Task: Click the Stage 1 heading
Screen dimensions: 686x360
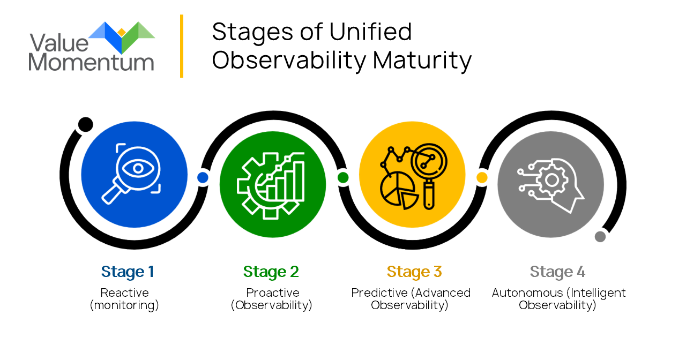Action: (128, 272)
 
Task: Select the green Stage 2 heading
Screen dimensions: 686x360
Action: (271, 272)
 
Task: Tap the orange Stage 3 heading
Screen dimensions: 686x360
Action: (414, 272)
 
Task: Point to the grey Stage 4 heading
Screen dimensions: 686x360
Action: (557, 272)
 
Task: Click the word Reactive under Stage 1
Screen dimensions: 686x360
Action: (125, 293)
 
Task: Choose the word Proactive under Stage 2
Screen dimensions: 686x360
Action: (273, 293)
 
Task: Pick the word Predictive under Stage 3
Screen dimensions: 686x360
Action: (379, 293)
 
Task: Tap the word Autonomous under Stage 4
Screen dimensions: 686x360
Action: (527, 293)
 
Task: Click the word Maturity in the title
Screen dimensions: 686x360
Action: (422, 61)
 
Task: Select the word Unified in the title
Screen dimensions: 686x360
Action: (370, 32)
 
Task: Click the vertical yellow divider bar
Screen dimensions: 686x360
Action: (182, 46)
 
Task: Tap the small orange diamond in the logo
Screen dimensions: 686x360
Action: (122, 32)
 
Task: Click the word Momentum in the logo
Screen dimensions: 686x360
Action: (91, 63)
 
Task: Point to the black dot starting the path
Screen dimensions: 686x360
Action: (85, 125)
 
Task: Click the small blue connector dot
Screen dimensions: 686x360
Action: (203, 177)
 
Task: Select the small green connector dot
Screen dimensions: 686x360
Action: (343, 177)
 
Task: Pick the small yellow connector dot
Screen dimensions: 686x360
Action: (482, 177)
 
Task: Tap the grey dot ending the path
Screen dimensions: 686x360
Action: (600, 237)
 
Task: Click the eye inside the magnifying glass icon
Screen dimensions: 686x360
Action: (138, 168)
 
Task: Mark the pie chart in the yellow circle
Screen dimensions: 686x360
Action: (399, 190)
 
